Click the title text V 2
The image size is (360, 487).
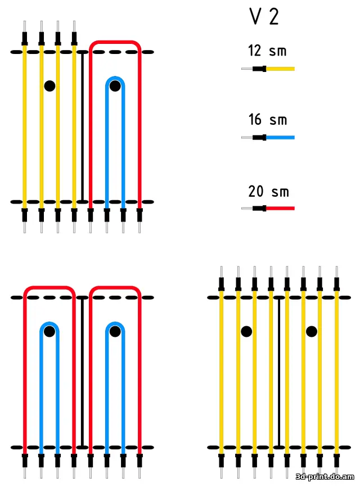click(x=264, y=16)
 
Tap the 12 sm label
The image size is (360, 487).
click(x=267, y=51)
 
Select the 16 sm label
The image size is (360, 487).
click(x=267, y=120)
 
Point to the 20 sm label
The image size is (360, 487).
click(x=268, y=191)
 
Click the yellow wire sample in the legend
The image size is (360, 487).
click(x=268, y=69)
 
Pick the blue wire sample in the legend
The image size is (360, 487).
click(x=268, y=137)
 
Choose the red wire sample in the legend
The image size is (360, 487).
click(x=268, y=208)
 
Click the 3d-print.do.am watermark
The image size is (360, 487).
click(x=325, y=476)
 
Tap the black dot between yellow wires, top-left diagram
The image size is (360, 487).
click(x=49, y=85)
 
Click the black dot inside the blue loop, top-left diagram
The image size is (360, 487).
click(x=115, y=85)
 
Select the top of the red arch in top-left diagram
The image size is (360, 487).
click(x=115, y=42)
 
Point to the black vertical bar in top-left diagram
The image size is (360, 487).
click(x=82, y=127)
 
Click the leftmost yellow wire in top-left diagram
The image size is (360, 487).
click(x=25, y=127)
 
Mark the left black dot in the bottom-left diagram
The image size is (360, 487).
click(x=49, y=331)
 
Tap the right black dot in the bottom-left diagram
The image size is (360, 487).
click(x=115, y=331)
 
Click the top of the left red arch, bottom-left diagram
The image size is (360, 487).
click(x=49, y=287)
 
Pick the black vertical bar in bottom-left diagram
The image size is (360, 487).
click(x=82, y=372)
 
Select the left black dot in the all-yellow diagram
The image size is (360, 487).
click(x=246, y=331)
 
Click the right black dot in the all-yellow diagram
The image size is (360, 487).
click(x=312, y=331)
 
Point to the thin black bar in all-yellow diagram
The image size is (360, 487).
click(x=279, y=372)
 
